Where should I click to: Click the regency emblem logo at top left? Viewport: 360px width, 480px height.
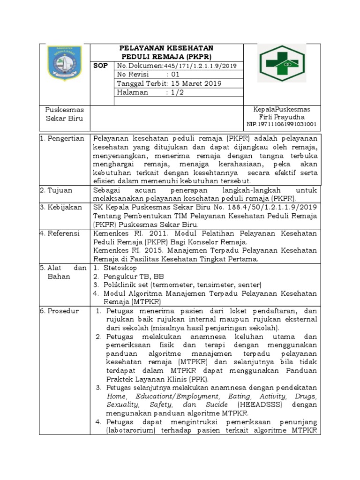click(64, 62)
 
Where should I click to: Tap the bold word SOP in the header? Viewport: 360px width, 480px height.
click(100, 66)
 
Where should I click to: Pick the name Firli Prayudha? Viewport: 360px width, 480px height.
click(281, 117)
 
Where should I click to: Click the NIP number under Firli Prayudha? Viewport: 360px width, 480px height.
click(281, 125)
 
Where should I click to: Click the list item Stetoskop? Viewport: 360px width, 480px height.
click(120, 268)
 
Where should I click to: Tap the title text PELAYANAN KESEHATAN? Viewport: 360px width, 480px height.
click(166, 48)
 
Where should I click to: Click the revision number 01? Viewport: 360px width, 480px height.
click(175, 75)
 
